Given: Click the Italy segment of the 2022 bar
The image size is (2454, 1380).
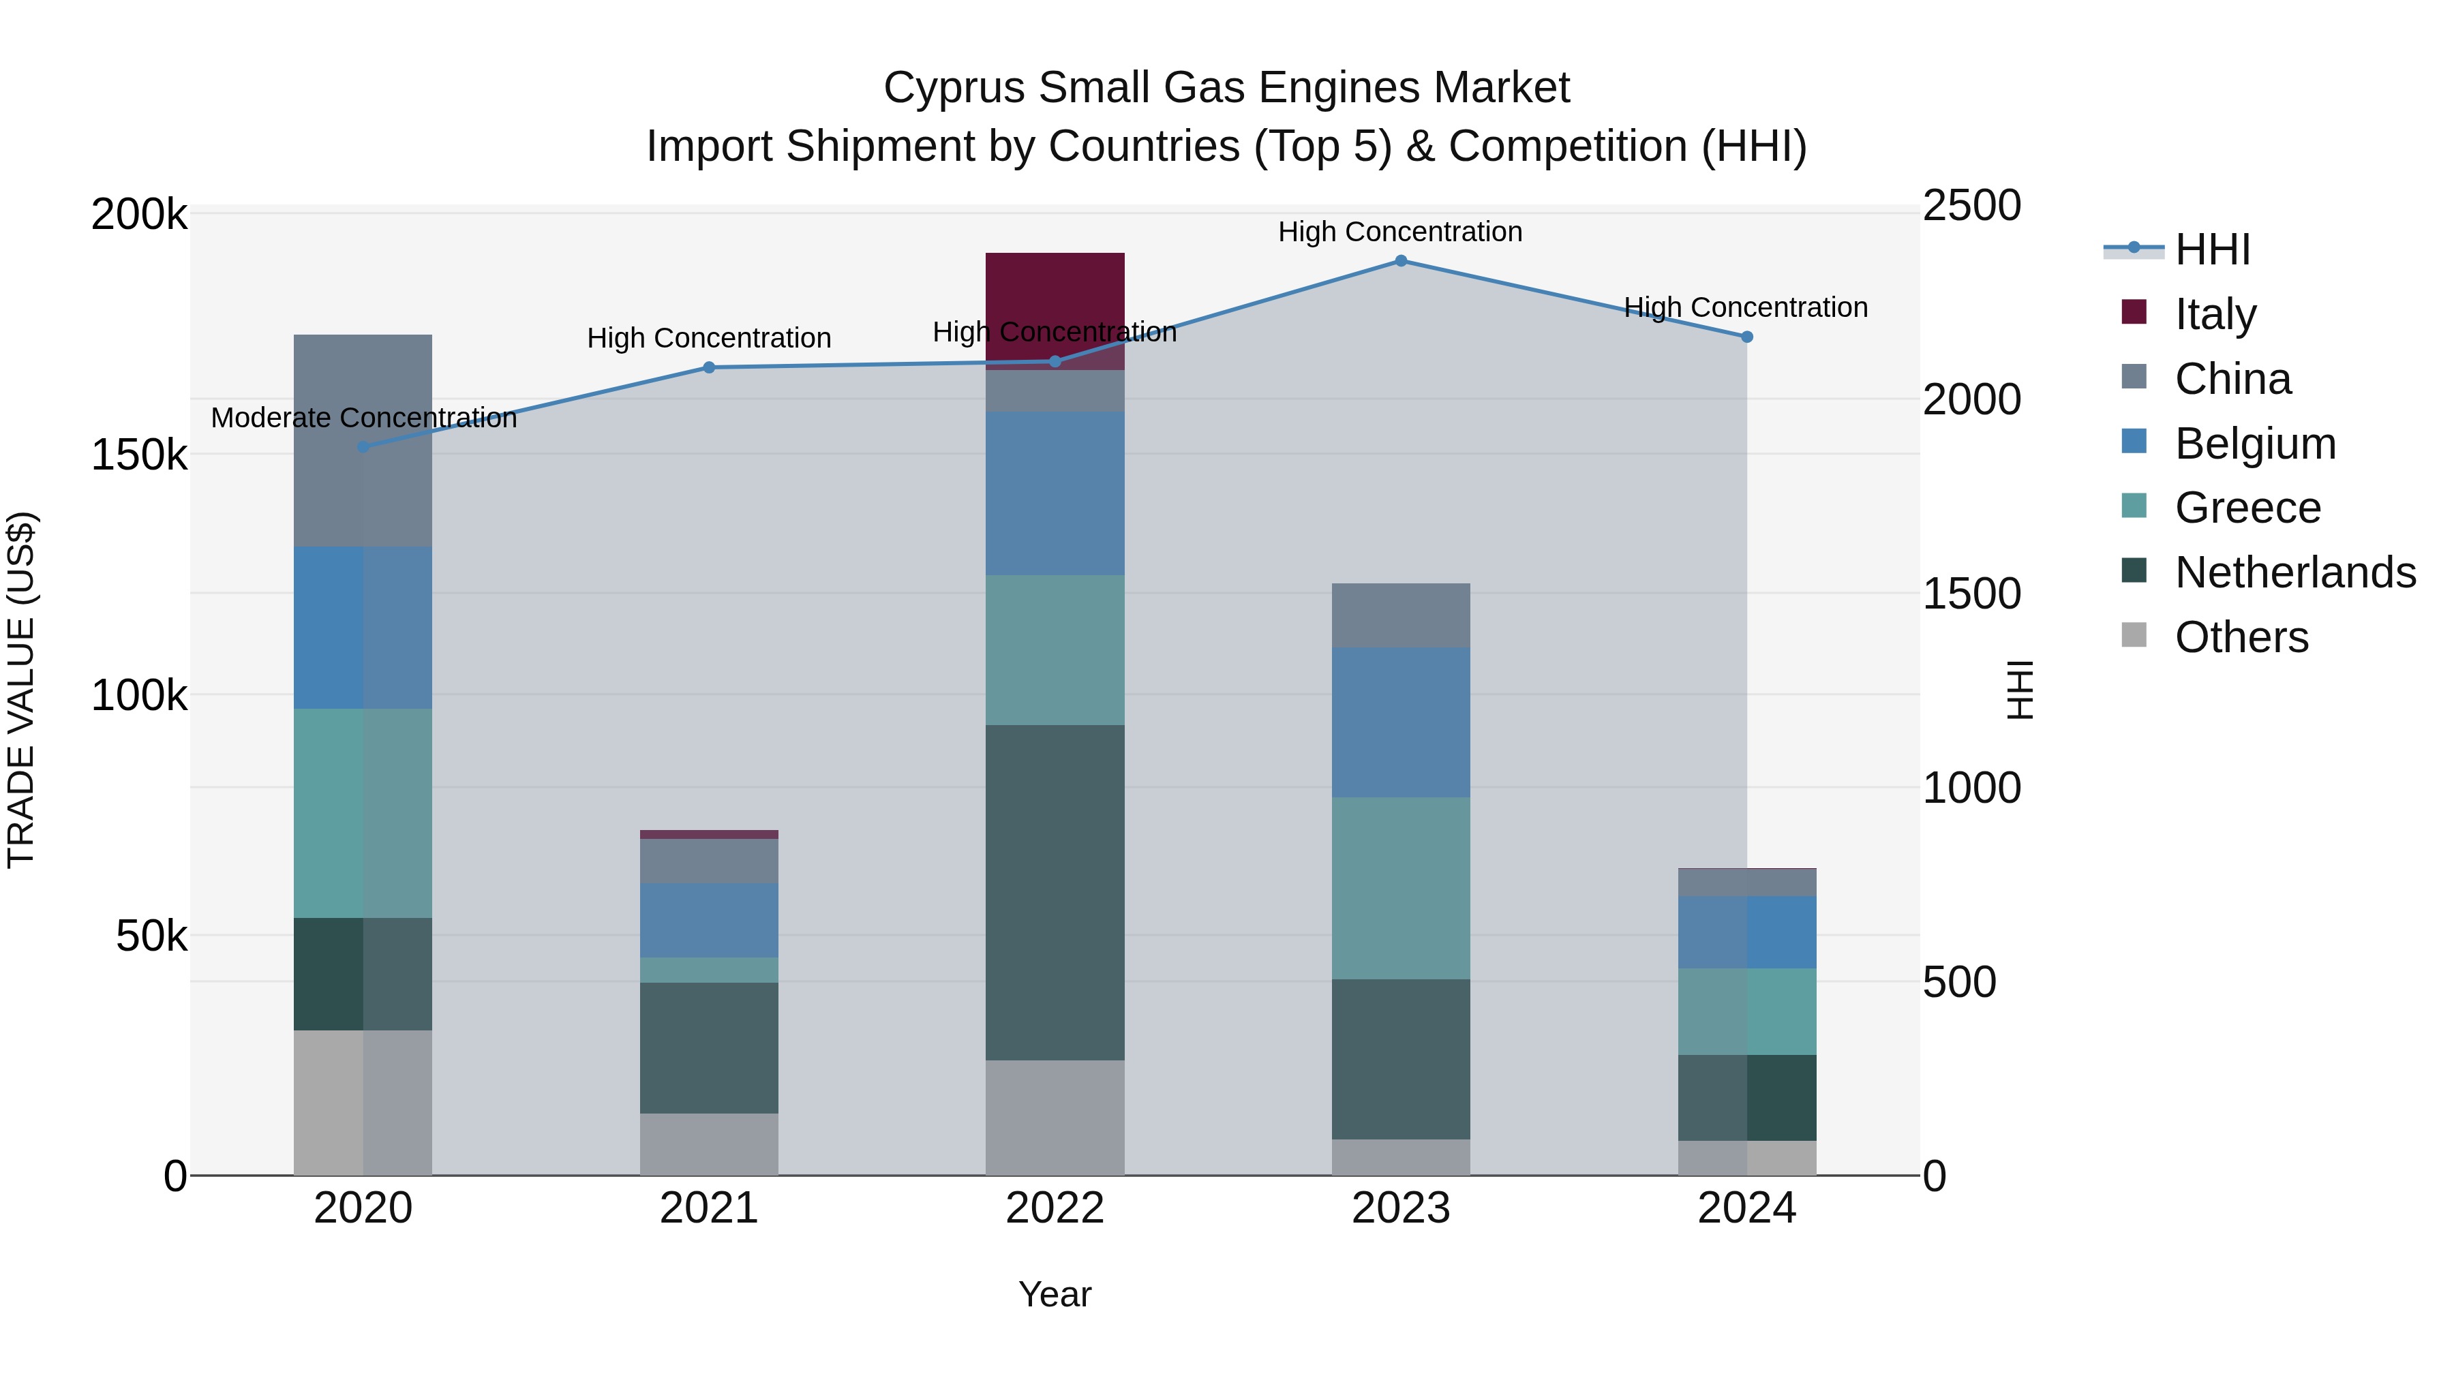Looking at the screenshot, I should click(x=1055, y=295).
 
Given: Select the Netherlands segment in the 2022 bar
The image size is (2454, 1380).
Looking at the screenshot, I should click(x=1055, y=892).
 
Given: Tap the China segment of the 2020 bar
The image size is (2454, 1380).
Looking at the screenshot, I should click(x=362, y=440).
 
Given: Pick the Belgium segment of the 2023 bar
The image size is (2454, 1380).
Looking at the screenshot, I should click(x=1400, y=722).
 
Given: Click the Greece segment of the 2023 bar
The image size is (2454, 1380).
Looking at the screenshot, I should click(x=1400, y=887).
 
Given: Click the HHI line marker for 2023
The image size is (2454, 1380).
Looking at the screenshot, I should click(x=1400, y=261).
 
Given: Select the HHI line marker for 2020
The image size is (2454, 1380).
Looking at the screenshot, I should click(x=363, y=446).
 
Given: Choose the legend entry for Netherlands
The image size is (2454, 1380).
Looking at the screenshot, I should click(x=2295, y=572).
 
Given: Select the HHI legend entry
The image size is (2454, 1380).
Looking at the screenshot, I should click(x=2212, y=249).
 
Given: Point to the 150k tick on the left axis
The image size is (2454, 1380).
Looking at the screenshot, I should click(x=139, y=455).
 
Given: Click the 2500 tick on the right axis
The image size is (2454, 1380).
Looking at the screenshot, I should click(x=1971, y=206).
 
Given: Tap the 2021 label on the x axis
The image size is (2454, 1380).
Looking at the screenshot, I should click(x=709, y=1208).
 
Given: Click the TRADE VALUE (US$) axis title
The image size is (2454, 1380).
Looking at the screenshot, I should click(x=21, y=690).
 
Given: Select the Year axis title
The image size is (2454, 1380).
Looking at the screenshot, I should click(x=1055, y=1294).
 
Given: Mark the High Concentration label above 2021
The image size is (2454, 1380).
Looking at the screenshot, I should click(x=709, y=338).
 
